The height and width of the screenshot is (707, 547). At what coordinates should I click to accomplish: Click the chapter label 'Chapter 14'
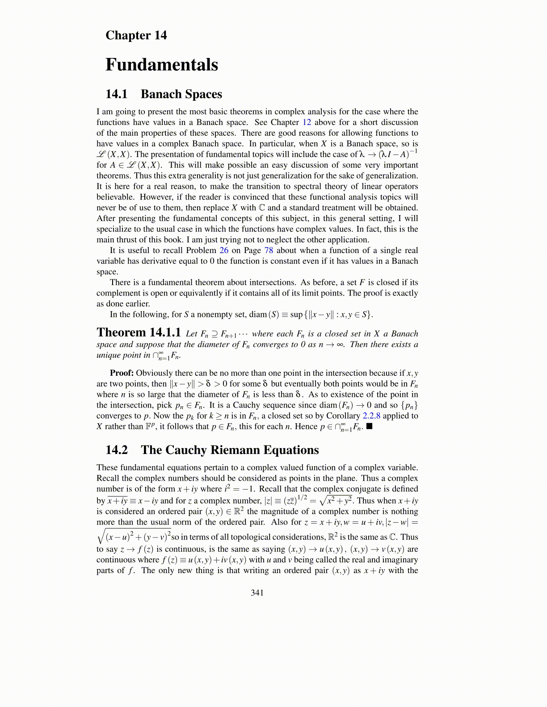(x=136, y=35)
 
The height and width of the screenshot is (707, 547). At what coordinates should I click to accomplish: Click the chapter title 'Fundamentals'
(x=161, y=65)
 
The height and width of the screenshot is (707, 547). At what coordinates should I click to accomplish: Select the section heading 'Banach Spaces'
(x=181, y=94)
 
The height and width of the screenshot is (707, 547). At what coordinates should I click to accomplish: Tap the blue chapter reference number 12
(x=307, y=122)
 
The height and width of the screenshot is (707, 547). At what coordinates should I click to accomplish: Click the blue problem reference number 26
(x=224, y=250)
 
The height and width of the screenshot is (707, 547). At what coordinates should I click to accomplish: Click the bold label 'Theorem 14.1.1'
(x=139, y=333)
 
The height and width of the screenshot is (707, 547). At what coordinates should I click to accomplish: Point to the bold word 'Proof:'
(x=122, y=373)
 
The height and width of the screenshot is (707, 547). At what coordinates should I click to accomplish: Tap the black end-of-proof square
(x=370, y=426)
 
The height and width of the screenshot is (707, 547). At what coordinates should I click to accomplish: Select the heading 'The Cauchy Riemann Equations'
(x=230, y=450)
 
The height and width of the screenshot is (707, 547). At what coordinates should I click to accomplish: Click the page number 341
(x=257, y=593)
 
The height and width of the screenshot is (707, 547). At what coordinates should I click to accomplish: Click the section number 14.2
(x=116, y=450)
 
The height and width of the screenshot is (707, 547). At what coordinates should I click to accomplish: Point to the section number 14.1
(x=116, y=94)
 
